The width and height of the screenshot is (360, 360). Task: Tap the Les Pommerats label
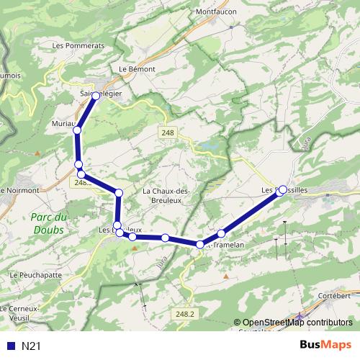(x=78, y=45)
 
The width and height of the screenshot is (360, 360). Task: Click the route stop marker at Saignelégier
(x=96, y=95)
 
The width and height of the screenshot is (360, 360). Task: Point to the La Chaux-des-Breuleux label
(x=166, y=195)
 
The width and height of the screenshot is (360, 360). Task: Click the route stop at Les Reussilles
(x=282, y=189)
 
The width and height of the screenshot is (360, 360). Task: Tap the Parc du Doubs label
(x=50, y=223)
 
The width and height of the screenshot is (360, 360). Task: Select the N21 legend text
(x=31, y=346)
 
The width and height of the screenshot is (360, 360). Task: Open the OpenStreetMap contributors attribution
(x=297, y=323)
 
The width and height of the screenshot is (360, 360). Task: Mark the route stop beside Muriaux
(x=77, y=130)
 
